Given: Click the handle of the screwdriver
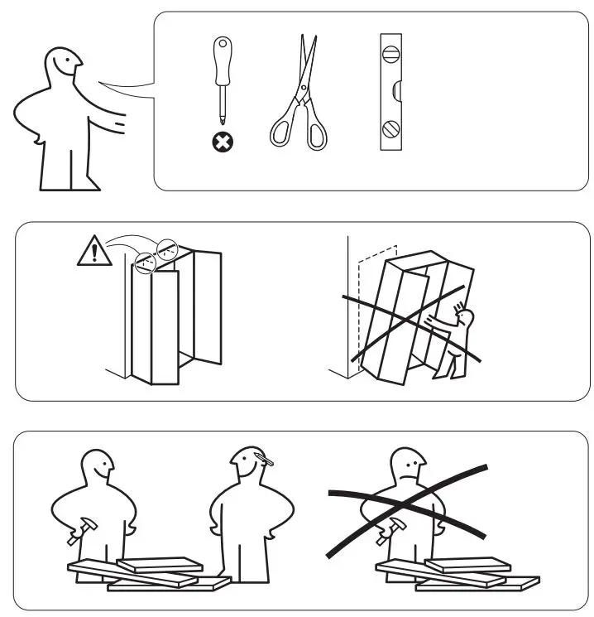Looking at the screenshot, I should click(x=222, y=63).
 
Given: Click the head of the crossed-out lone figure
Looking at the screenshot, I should click(x=406, y=468).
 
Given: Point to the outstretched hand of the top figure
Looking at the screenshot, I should click(x=120, y=124).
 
